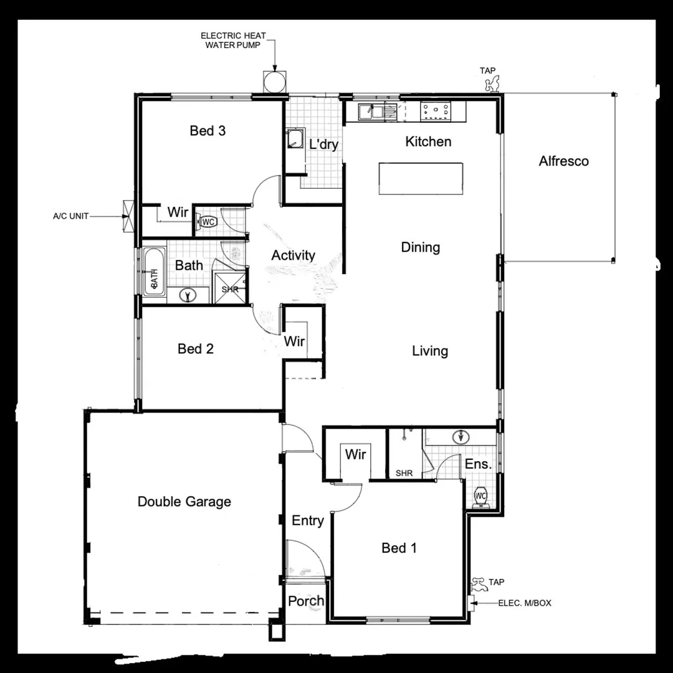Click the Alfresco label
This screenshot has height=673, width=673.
point(563,161)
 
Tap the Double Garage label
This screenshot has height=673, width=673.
point(184,502)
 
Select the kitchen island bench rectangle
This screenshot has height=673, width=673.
point(421,179)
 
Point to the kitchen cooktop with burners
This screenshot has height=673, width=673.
point(437,111)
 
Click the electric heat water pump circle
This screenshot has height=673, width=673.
point(274,82)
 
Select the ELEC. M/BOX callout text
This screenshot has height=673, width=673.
point(525,603)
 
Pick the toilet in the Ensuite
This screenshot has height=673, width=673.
point(480,497)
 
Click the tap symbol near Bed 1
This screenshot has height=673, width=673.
point(479,584)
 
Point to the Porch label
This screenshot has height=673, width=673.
point(306,601)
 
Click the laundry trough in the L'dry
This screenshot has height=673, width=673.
point(295,139)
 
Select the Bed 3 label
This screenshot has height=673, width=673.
point(208,131)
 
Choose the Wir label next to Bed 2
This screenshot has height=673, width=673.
point(294,341)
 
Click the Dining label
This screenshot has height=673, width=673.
point(420,247)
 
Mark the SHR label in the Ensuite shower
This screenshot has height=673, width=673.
point(404,474)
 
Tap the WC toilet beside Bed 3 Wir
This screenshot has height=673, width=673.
point(207,221)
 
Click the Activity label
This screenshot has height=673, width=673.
point(293,255)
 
